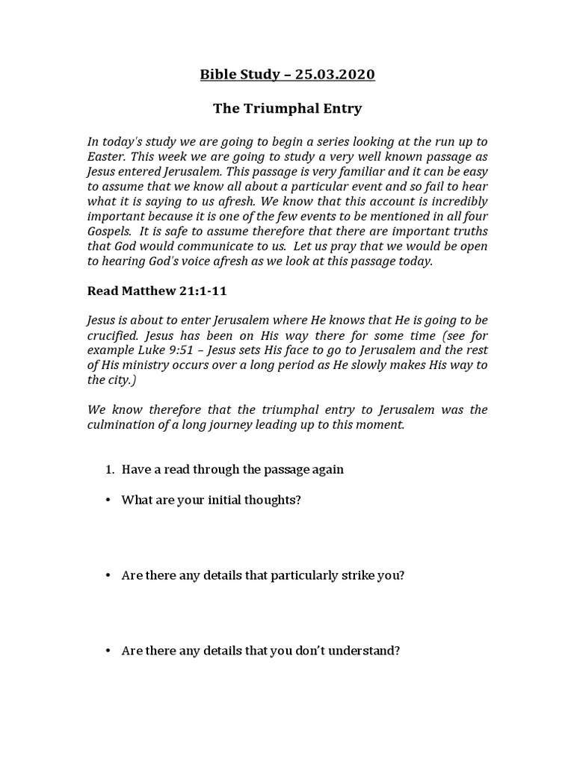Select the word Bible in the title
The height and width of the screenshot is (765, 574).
[217, 74]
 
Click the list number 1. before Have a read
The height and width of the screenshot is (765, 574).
[109, 470]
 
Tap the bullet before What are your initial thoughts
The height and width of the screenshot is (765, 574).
[108, 500]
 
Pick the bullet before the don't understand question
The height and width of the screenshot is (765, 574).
[108, 651]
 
